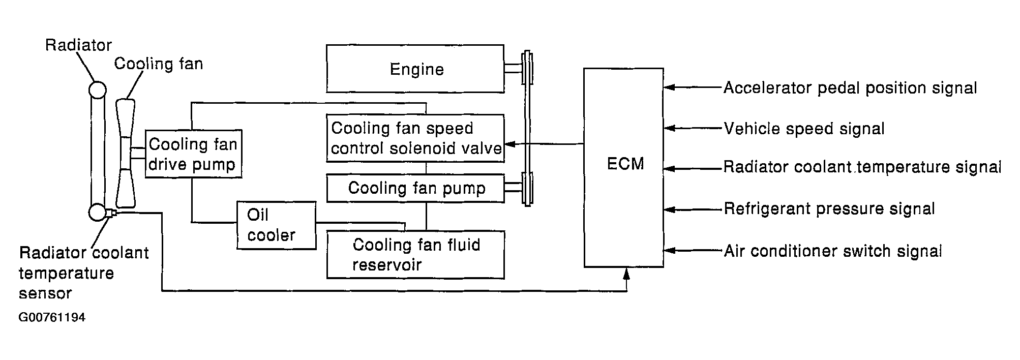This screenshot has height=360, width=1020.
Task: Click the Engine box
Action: click(415, 69)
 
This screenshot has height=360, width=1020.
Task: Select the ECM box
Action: click(623, 167)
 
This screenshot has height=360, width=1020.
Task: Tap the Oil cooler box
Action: click(276, 225)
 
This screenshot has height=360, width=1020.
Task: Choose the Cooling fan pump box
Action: click(415, 188)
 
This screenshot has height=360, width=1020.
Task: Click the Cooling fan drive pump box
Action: click(193, 154)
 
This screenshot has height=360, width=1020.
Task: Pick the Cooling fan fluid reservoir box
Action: click(415, 255)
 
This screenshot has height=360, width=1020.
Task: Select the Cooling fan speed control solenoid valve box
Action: click(415, 138)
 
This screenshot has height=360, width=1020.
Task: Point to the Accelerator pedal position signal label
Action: click(850, 88)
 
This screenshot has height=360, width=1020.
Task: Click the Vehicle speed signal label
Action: click(804, 129)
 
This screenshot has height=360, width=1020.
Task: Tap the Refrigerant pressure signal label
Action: click(829, 209)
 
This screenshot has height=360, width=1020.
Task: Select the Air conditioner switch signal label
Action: click(833, 251)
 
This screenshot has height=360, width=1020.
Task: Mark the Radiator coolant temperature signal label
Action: click(862, 167)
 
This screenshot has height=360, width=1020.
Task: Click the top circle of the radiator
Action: click(97, 90)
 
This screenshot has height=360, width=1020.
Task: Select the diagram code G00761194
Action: click(52, 318)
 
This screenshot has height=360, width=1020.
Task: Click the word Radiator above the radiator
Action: click(78, 45)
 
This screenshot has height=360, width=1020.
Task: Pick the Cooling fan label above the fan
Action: click(159, 64)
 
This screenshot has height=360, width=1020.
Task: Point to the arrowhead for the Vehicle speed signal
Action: click(670, 129)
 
